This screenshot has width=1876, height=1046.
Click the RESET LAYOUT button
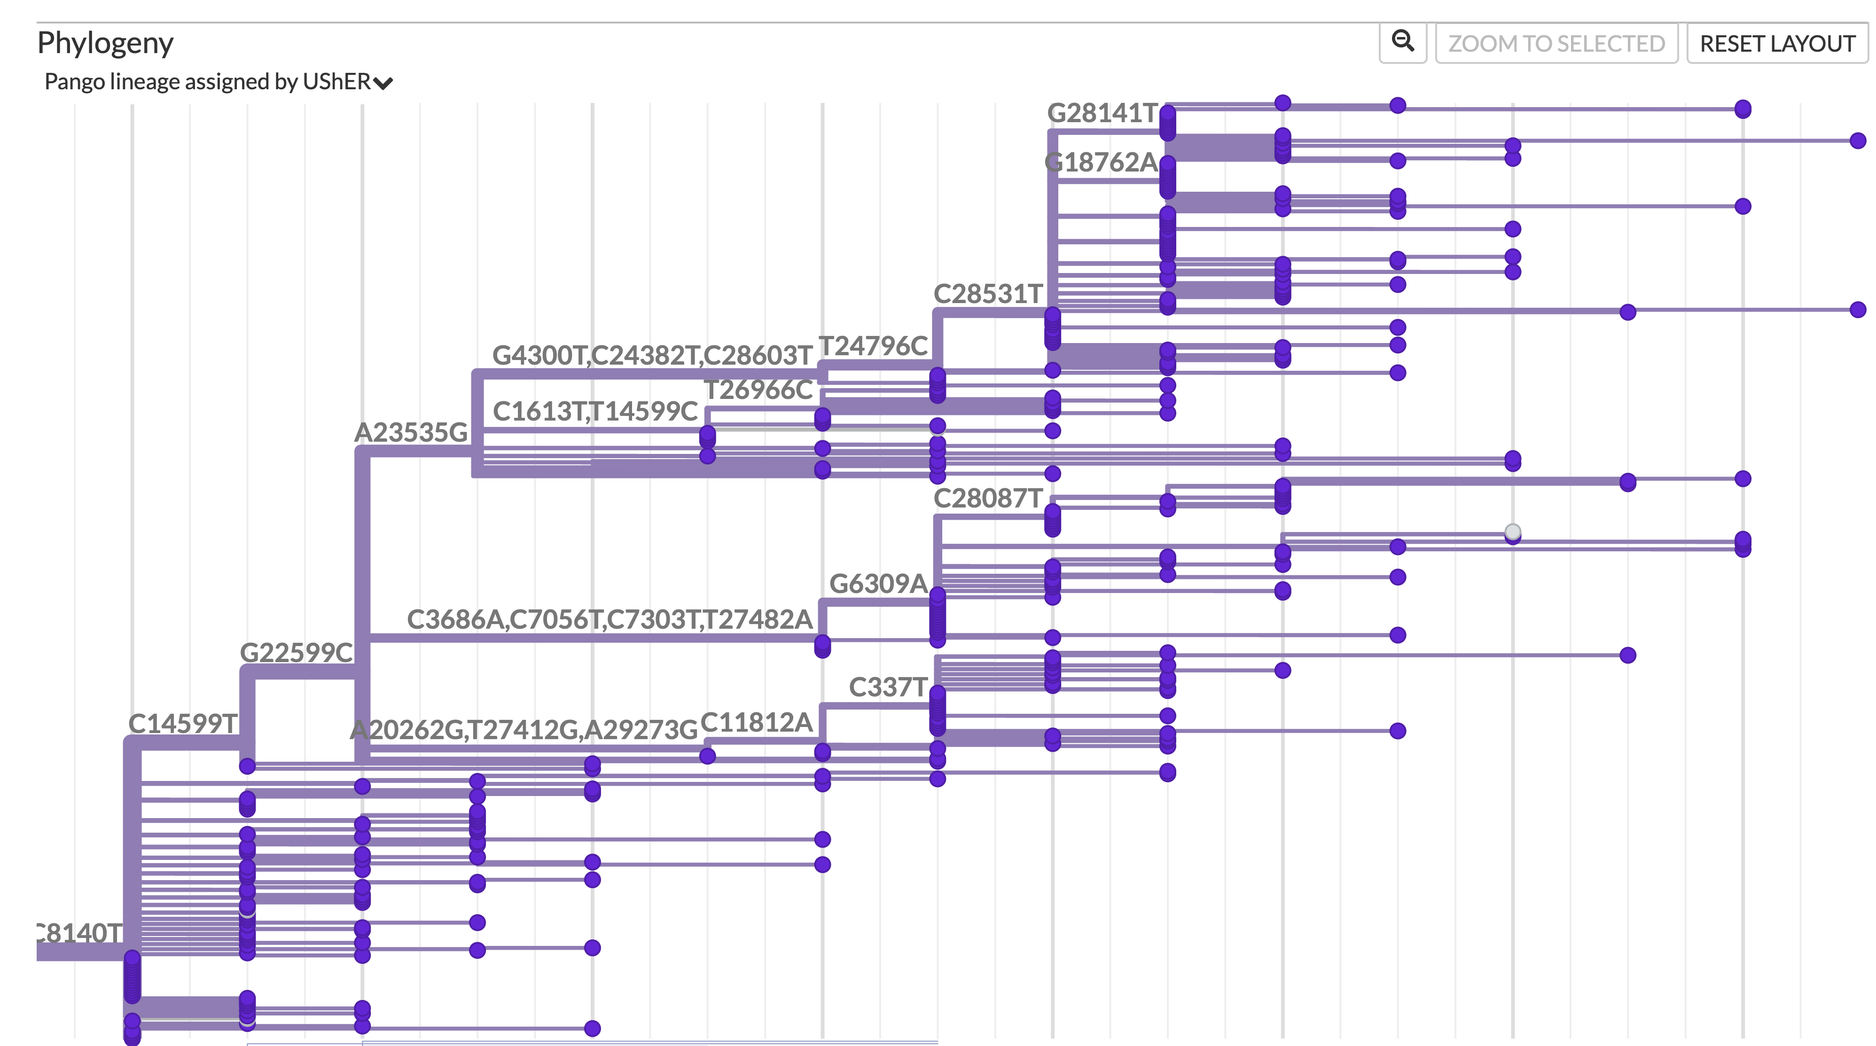(x=1777, y=44)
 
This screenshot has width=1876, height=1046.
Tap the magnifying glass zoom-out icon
(x=1403, y=42)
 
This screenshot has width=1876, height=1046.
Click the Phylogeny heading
(x=106, y=43)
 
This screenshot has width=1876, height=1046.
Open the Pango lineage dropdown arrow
(x=383, y=83)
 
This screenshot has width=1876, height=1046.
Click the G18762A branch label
(x=1101, y=163)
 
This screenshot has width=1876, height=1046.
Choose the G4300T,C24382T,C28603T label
(x=652, y=355)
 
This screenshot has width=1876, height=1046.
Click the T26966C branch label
(x=758, y=390)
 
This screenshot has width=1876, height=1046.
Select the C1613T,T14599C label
(x=595, y=412)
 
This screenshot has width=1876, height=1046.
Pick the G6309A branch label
(x=878, y=584)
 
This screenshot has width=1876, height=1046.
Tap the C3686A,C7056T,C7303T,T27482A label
(x=610, y=620)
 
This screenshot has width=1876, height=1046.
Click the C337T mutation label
(x=888, y=687)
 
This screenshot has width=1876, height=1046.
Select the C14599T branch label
(x=183, y=724)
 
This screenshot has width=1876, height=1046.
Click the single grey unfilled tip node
(x=1513, y=531)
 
